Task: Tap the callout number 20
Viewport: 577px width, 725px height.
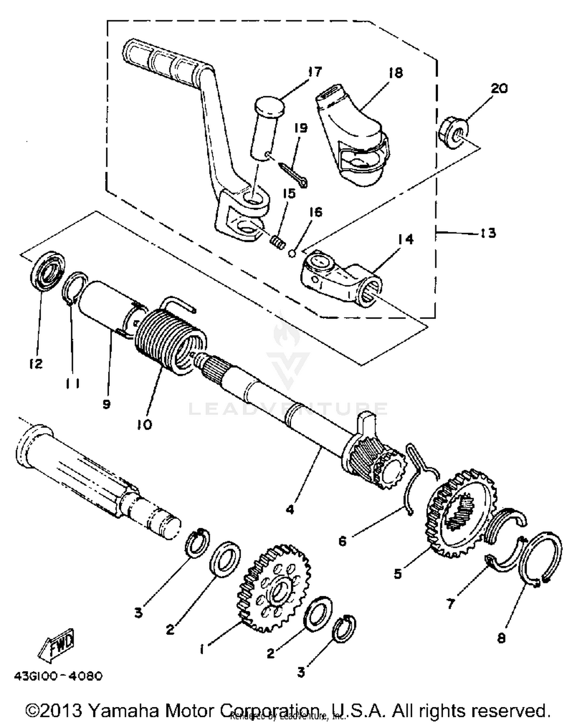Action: pos(499,88)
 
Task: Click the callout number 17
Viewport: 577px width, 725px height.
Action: pos(315,72)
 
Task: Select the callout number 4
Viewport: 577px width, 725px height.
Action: pos(290,509)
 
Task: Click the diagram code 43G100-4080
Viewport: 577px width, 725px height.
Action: pos(58,676)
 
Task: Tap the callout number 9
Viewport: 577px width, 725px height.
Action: pos(107,404)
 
